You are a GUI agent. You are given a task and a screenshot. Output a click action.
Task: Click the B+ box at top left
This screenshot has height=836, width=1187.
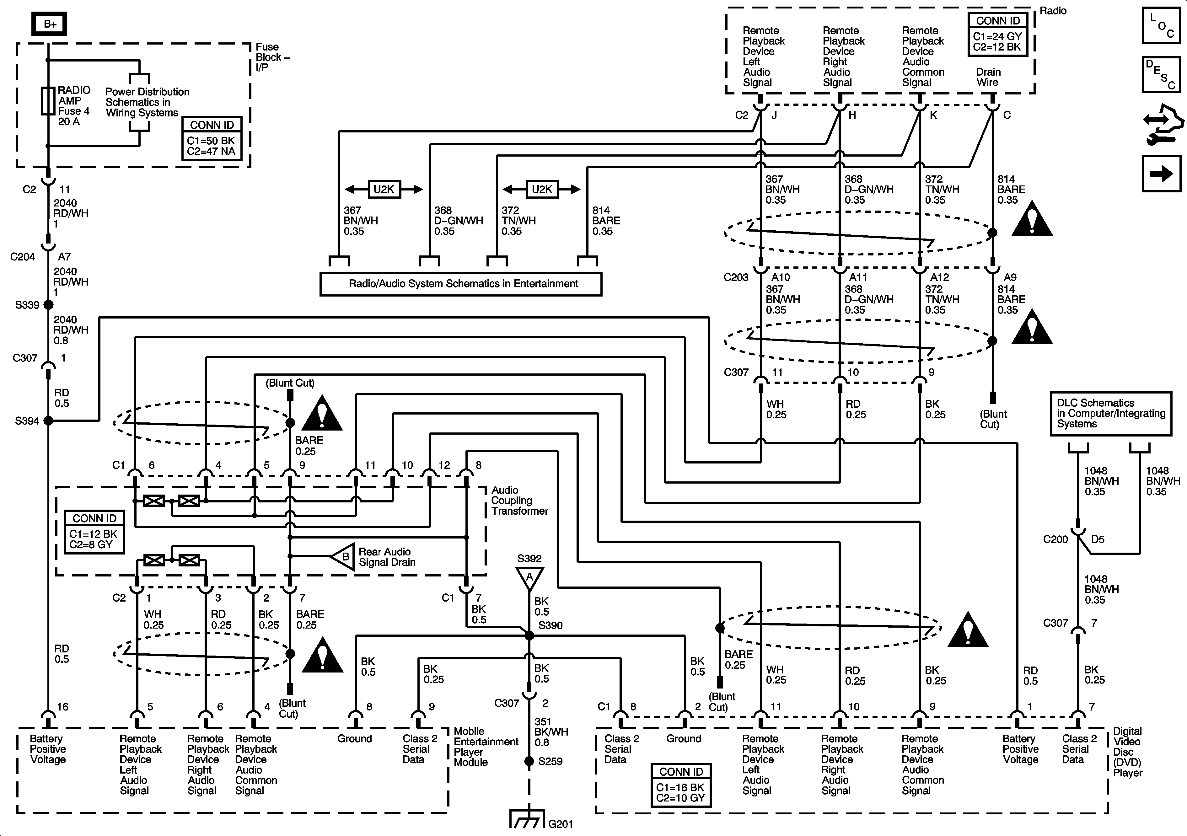50,24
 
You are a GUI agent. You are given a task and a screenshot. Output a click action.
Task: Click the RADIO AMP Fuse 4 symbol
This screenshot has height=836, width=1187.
48,101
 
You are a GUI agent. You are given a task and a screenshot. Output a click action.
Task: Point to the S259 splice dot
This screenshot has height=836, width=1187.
529,761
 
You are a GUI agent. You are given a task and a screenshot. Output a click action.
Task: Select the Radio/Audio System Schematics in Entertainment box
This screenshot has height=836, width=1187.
461,284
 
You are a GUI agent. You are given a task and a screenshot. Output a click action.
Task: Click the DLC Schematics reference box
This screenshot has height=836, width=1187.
1110,414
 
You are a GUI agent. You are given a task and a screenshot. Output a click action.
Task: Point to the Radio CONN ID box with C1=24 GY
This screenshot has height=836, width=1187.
997,34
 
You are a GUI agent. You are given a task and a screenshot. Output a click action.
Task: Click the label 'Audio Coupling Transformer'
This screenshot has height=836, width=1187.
519,501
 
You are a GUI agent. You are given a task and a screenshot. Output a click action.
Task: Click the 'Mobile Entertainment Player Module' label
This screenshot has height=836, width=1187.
486,747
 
